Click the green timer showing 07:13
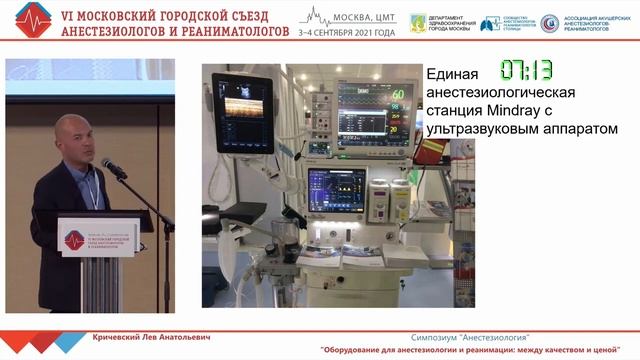pos(527,70)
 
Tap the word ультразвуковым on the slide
pos(478,129)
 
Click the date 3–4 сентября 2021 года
pos(348,32)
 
